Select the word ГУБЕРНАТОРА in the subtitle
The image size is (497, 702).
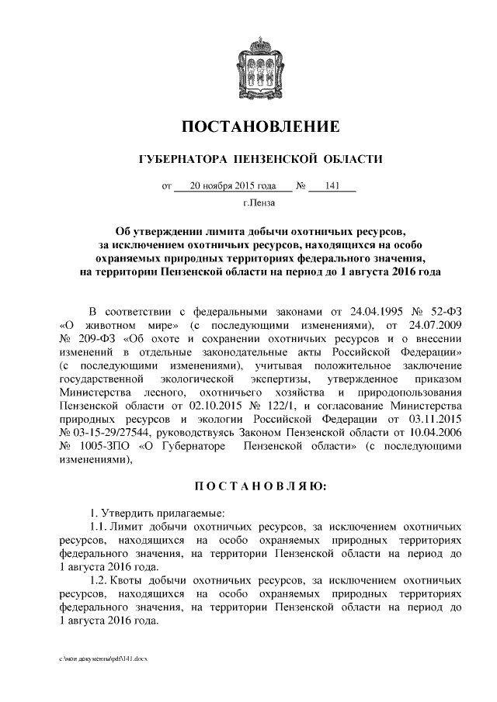tap(176, 159)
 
